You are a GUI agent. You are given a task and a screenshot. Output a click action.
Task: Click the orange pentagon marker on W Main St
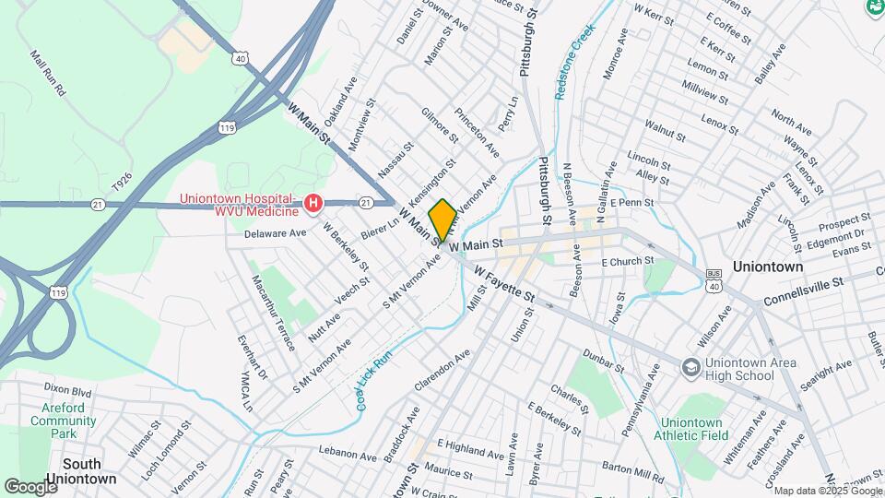[442, 220]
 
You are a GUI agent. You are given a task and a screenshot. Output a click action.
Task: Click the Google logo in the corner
[30, 486]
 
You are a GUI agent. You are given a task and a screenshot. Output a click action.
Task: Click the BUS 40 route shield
[714, 281]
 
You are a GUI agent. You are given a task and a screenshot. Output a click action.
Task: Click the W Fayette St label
[504, 284]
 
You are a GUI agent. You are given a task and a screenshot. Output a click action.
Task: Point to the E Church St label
[627, 262]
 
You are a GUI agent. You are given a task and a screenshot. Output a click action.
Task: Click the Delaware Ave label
[275, 233]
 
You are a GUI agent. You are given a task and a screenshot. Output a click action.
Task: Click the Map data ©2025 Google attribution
[827, 491]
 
